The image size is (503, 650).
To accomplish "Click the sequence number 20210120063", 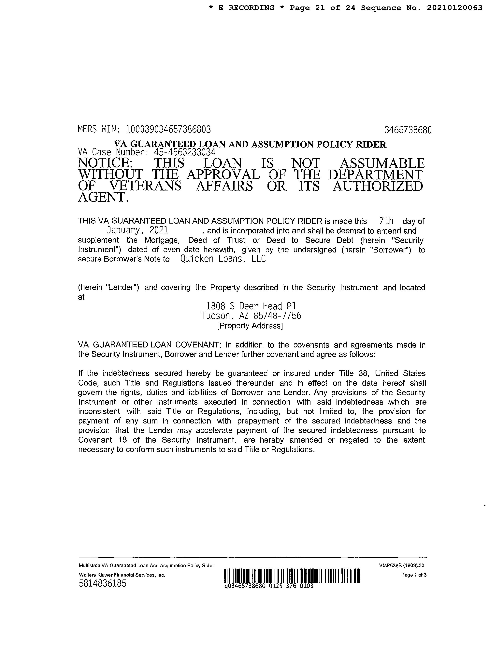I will [454, 8].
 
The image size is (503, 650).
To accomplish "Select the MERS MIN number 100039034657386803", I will [168, 129].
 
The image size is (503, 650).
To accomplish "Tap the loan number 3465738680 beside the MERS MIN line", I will [408, 130].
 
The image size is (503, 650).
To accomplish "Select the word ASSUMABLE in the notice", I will [382, 163].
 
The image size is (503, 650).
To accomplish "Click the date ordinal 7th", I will [386, 221].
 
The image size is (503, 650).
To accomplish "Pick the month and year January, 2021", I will [137, 230].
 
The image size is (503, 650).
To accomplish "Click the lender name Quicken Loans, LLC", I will [223, 259].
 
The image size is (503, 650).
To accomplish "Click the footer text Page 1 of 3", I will [414, 575].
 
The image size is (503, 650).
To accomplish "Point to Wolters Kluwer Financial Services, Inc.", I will [122, 575].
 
